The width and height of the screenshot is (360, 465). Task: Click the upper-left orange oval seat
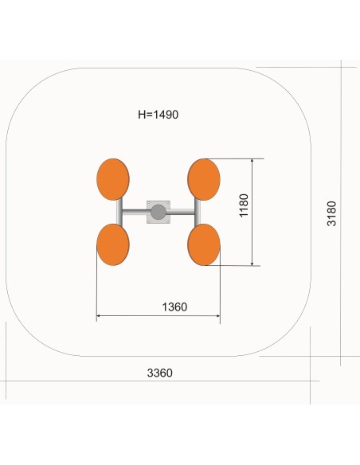pyautogui.click(x=113, y=179)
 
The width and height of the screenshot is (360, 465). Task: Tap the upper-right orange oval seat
pyautogui.click(x=204, y=179)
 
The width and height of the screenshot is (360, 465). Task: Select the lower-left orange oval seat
pyautogui.click(x=113, y=244)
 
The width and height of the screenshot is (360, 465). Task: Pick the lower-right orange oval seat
pyautogui.click(x=204, y=244)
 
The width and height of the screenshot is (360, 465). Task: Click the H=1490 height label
pyautogui.click(x=158, y=115)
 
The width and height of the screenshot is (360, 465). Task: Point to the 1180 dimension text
pyautogui.click(x=244, y=205)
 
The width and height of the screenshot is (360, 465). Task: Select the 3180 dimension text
pyautogui.click(x=331, y=213)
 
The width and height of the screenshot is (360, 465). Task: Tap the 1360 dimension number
pyautogui.click(x=174, y=307)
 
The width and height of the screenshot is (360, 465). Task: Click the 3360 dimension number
pyautogui.click(x=160, y=373)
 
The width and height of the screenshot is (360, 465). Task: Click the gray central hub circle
pyautogui.click(x=158, y=212)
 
